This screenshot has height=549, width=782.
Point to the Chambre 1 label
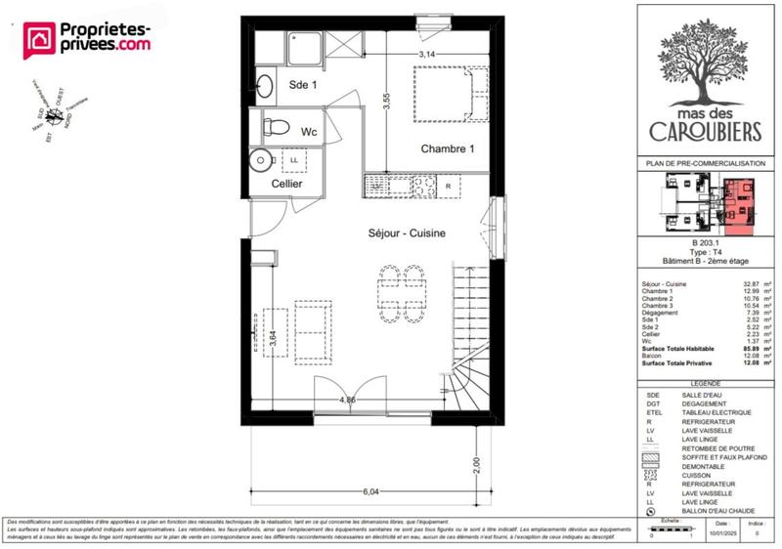[x=448, y=149]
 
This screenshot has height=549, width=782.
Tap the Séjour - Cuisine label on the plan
[x=407, y=233]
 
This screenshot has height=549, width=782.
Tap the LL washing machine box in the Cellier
[x=294, y=159]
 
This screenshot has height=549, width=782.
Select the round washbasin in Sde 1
[x=265, y=85]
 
